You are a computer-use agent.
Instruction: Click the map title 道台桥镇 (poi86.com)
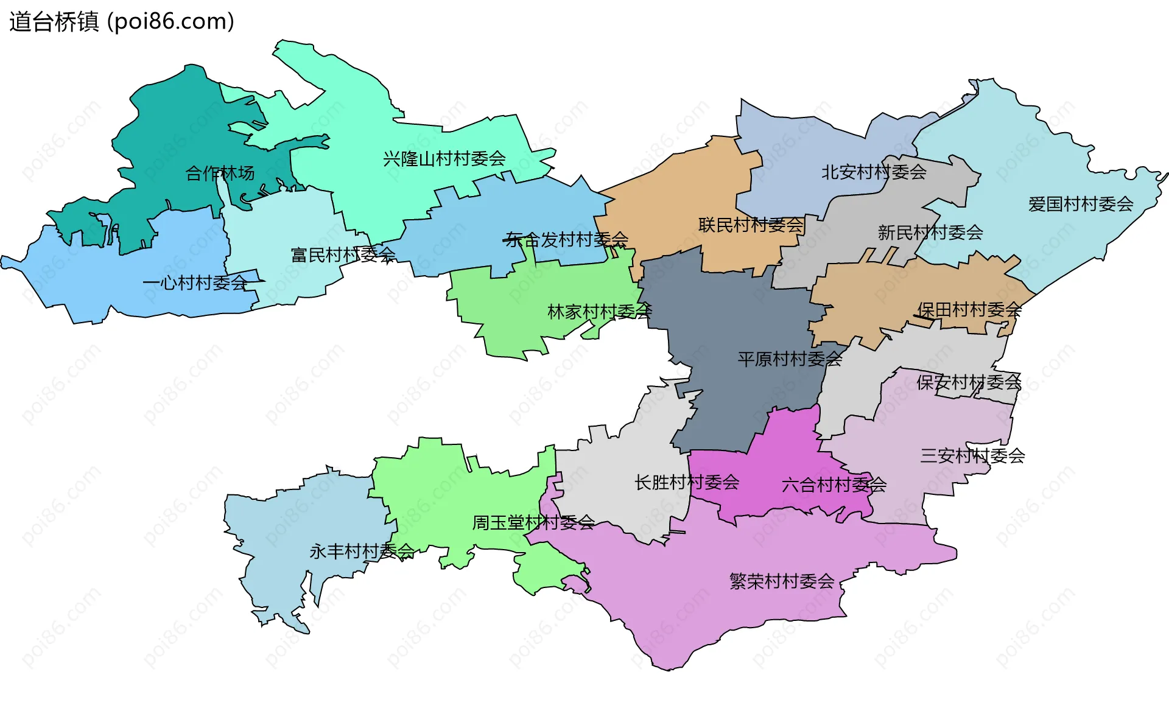(x=122, y=22)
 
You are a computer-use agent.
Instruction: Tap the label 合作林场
(x=220, y=173)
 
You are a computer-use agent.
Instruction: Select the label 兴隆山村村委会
(x=444, y=159)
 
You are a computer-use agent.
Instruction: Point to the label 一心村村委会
(x=195, y=283)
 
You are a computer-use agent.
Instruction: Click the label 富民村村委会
(x=343, y=255)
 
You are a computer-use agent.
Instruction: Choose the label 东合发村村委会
(x=567, y=240)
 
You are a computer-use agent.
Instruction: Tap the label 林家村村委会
(x=600, y=312)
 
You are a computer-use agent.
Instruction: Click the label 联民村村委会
(x=751, y=225)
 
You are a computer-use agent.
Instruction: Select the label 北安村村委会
(x=874, y=172)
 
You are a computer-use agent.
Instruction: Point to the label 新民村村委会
(x=930, y=233)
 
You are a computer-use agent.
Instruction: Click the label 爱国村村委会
(x=1081, y=204)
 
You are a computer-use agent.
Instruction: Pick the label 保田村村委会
(x=969, y=310)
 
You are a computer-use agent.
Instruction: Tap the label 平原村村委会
(x=790, y=359)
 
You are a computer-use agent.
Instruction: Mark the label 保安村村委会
(x=969, y=382)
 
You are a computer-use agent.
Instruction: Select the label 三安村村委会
(x=972, y=455)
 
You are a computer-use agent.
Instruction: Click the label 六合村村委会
(x=834, y=485)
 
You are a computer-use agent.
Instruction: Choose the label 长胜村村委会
(x=687, y=483)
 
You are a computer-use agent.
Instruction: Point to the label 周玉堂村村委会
(x=533, y=522)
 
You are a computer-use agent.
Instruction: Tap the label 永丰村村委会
(x=362, y=552)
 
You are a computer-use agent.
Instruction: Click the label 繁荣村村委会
(x=782, y=581)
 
